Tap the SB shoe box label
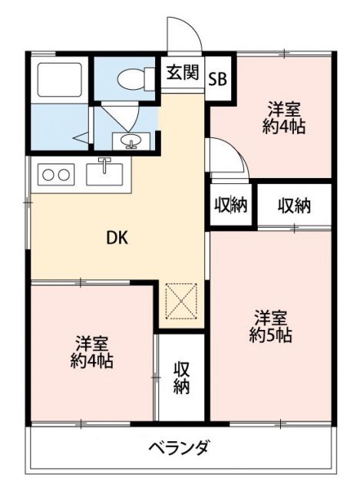click(x=217, y=77)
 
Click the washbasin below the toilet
click(x=130, y=140)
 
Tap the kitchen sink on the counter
click(x=104, y=172)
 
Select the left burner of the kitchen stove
click(x=48, y=174)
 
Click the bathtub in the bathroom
click(x=58, y=78)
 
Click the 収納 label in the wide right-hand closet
click(x=293, y=206)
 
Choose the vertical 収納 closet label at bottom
click(x=181, y=377)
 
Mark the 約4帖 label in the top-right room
click(x=283, y=127)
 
